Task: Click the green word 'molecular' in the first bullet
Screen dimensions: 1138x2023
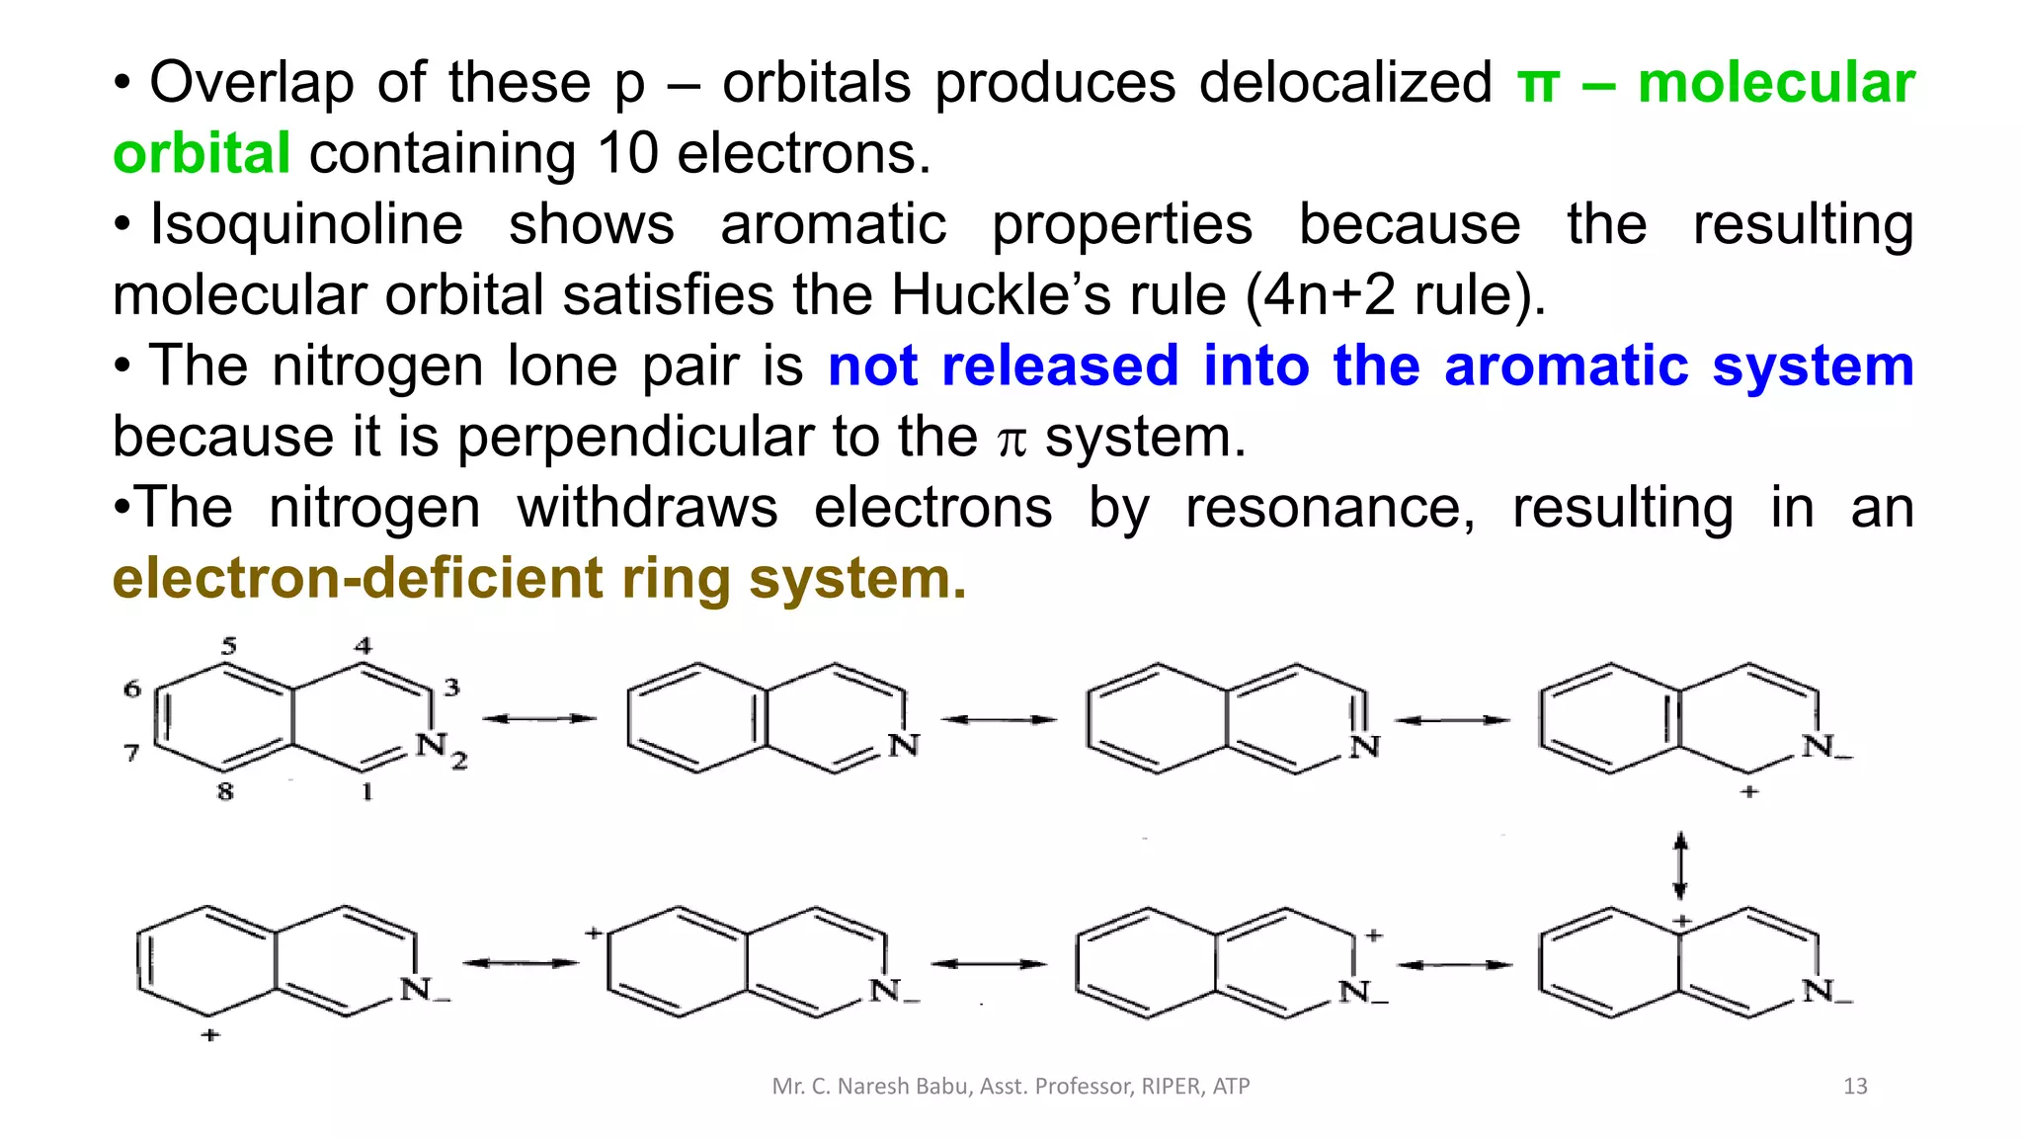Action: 1776,83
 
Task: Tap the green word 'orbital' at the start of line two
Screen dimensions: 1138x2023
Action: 202,154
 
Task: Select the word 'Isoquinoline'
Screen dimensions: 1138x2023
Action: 306,225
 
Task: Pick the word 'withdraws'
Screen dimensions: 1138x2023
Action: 648,508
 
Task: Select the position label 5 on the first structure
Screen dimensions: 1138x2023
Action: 229,647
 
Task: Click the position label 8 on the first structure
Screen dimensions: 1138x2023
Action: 225,791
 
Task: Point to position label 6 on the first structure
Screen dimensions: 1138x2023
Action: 132,689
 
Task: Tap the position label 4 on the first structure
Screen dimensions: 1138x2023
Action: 364,646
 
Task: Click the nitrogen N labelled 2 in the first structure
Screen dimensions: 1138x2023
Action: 431,745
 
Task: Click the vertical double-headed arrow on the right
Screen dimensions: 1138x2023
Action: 1680,865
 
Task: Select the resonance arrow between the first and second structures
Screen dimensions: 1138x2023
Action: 539,719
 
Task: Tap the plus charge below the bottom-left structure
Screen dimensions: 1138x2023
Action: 209,1035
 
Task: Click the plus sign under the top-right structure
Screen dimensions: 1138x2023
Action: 1749,791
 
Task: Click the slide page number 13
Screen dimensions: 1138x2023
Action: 1855,1087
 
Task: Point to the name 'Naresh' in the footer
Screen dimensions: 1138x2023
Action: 872,1087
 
